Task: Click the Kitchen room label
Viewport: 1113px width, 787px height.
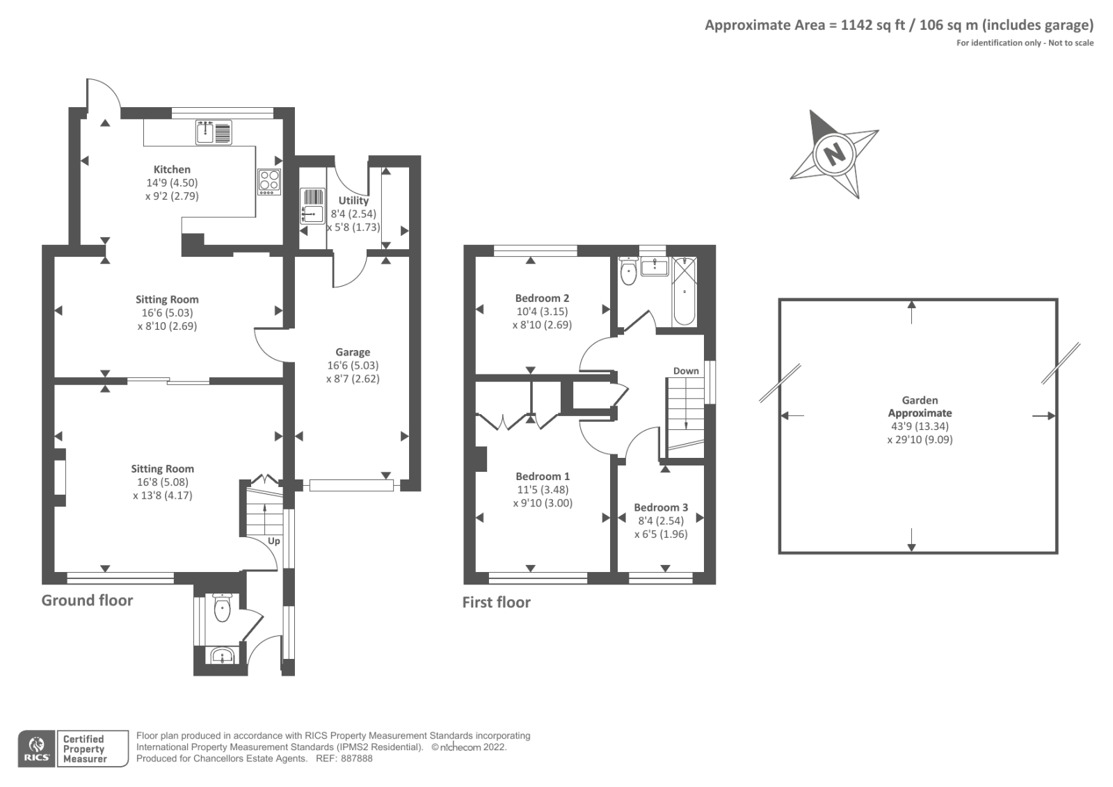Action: [x=172, y=170]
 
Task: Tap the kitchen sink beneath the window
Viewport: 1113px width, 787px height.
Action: [x=214, y=133]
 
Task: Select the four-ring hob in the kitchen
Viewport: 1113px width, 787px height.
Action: [x=269, y=182]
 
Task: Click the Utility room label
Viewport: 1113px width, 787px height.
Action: [x=353, y=201]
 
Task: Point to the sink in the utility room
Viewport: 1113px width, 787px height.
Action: [x=312, y=206]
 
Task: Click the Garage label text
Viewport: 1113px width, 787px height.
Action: [x=353, y=353]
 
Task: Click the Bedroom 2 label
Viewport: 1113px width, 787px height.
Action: [x=542, y=299]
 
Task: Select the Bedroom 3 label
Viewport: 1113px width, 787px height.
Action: [x=661, y=507]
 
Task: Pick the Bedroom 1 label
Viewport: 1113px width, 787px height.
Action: [x=543, y=476]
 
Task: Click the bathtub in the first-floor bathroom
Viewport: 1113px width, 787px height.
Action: [x=684, y=292]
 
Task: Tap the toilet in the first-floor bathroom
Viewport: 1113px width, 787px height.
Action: [x=629, y=271]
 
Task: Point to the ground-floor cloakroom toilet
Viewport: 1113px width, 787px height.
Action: [x=222, y=607]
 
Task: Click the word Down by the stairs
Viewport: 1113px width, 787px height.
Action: [x=686, y=371]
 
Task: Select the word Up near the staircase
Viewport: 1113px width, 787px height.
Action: [x=274, y=541]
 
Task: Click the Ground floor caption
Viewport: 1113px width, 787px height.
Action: [x=87, y=601]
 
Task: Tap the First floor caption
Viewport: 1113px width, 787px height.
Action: [x=497, y=603]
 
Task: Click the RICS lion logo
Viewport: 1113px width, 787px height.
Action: [x=37, y=749]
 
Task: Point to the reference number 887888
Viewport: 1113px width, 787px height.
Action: [x=356, y=758]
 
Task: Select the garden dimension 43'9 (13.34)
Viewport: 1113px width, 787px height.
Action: [x=920, y=427]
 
